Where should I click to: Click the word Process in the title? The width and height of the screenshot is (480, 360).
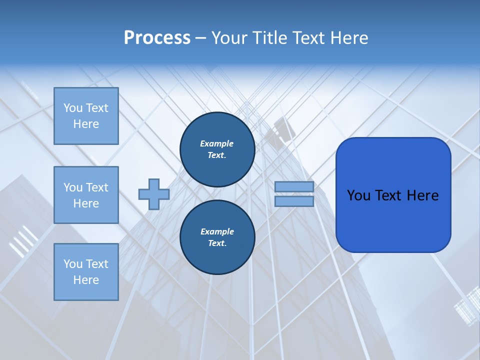[x=157, y=38]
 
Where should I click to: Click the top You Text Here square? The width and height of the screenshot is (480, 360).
[x=86, y=116]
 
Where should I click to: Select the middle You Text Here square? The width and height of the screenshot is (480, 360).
[x=86, y=195]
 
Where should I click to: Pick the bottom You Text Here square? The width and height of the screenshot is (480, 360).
[x=86, y=272]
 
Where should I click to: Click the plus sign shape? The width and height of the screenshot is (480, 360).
[x=154, y=194]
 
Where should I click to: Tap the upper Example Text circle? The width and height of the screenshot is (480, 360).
[x=217, y=149]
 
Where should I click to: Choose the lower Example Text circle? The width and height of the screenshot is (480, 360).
[x=217, y=237]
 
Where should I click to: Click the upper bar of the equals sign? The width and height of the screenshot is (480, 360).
[x=294, y=187]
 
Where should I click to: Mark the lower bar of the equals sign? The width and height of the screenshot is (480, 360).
[x=294, y=201]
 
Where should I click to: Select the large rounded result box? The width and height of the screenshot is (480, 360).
[x=393, y=195]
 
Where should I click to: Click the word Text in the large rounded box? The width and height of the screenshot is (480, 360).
[x=392, y=195]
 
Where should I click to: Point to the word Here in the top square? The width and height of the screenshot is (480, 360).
[x=86, y=124]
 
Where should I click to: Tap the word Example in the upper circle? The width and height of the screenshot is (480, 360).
[x=217, y=143]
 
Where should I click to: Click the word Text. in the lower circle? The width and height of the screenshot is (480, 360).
[x=217, y=243]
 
